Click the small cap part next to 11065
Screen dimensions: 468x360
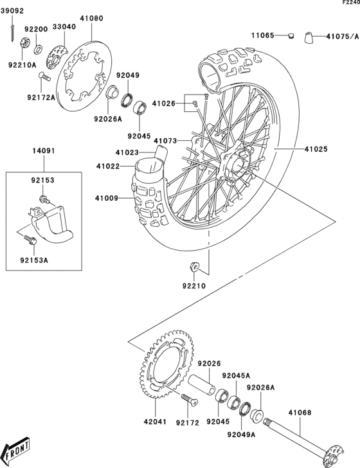pos(290,35)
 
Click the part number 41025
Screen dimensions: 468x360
pos(316,149)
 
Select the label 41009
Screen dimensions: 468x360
pos(107,198)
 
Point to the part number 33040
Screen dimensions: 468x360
pos(64,27)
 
